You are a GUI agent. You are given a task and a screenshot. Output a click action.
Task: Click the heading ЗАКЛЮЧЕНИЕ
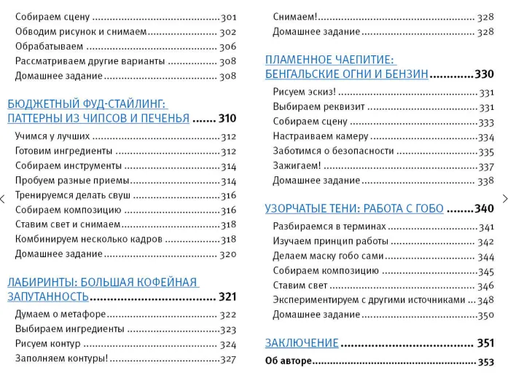point(302,343)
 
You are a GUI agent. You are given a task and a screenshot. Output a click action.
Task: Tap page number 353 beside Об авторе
point(485,361)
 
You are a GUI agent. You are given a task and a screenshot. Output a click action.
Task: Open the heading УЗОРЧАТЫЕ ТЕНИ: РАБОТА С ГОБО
point(354,208)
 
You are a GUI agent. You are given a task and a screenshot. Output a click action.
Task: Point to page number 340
point(484,208)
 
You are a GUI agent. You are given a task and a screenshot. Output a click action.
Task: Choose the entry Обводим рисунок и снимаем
point(81,31)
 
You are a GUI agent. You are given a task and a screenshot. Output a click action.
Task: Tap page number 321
point(227,296)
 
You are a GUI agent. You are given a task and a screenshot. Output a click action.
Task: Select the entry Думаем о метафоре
point(60,314)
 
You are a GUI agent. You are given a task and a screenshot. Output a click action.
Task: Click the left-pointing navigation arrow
point(3,198)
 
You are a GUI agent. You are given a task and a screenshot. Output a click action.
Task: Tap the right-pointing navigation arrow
point(504,198)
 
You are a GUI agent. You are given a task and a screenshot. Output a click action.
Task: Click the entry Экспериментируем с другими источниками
point(369,300)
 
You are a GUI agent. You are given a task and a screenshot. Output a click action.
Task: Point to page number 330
point(484,74)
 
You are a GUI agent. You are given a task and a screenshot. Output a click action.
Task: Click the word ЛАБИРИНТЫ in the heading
point(41,282)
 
